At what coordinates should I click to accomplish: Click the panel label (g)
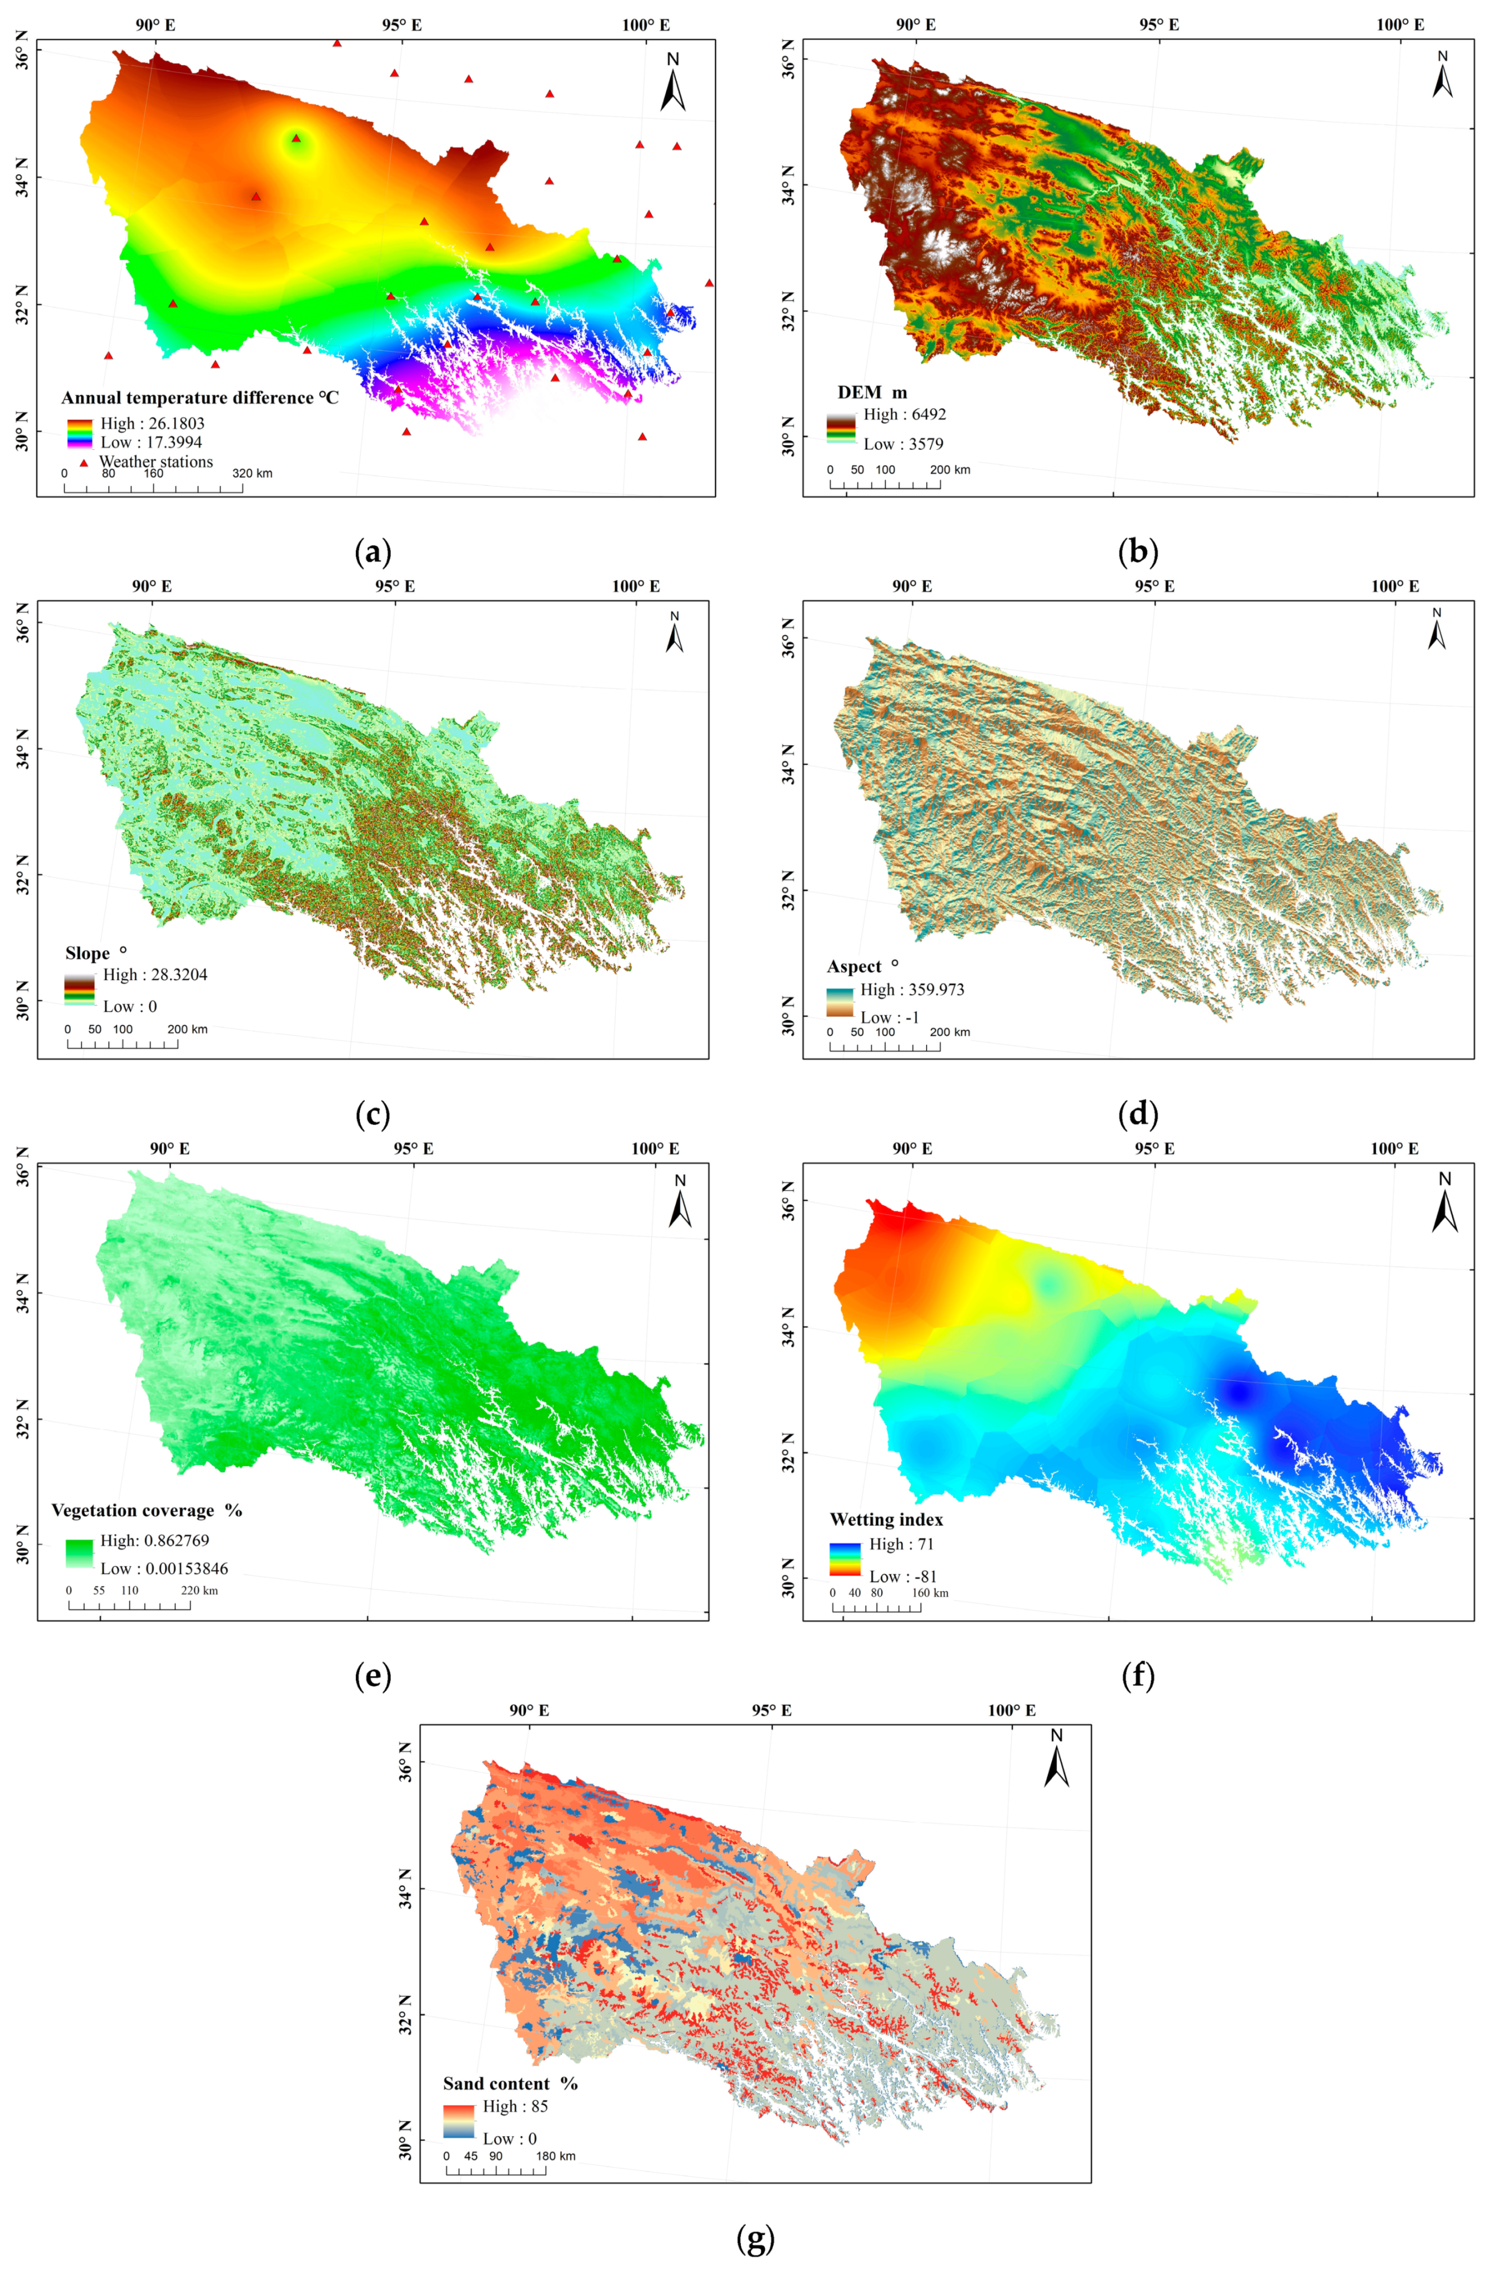(755, 2238)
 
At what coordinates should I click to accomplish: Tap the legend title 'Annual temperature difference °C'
(199, 397)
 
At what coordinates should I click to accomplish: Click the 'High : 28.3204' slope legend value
(155, 975)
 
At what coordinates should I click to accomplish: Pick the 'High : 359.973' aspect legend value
(912, 989)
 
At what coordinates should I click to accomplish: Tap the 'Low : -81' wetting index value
(902, 1577)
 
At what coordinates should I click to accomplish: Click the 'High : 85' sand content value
(515, 2106)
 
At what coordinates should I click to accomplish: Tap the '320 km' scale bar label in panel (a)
(252, 474)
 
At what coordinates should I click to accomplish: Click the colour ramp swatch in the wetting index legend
(845, 1560)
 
